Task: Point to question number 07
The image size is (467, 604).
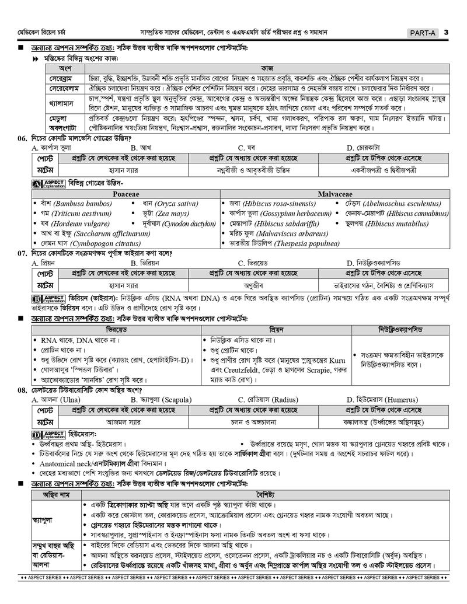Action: [x=23, y=253]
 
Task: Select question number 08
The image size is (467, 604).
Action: [x=23, y=390]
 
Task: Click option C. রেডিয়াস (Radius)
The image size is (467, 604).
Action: [x=267, y=400]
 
